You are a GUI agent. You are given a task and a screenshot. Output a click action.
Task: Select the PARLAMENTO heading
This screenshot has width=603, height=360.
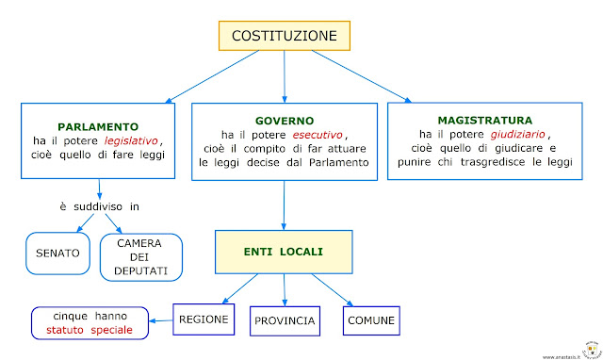[98, 125]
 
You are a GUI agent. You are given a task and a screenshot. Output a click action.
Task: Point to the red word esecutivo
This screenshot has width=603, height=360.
[312, 136]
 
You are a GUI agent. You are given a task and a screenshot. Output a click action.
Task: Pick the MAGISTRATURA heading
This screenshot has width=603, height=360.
[485, 121]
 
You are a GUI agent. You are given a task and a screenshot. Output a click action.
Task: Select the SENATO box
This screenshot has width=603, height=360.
[56, 254]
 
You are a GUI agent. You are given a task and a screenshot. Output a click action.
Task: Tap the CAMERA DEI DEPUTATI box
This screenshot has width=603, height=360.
[140, 256]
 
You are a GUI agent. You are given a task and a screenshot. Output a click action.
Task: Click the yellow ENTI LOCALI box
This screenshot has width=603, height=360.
[284, 251]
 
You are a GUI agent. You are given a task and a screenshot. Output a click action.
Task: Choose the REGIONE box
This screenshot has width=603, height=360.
[203, 319]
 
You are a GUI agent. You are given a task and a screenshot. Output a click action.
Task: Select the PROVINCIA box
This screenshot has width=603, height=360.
[284, 321]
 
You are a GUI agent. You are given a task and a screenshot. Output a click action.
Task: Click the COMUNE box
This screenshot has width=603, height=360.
[370, 320]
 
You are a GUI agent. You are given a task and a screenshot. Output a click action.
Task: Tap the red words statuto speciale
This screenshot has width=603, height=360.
[92, 330]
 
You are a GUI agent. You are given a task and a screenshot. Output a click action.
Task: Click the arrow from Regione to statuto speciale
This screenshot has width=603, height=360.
[165, 320]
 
